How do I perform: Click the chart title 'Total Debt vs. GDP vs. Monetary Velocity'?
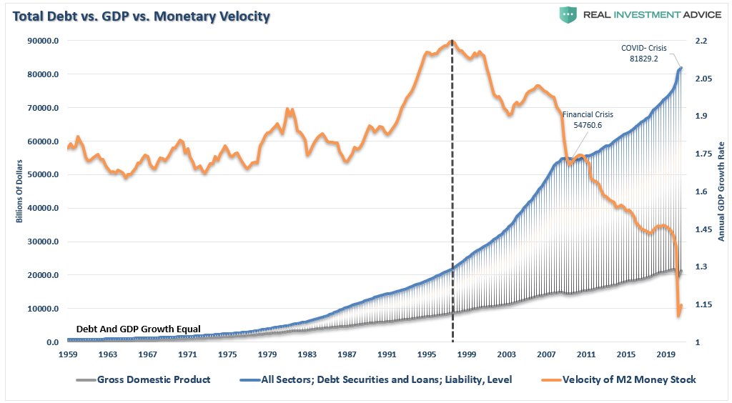click(x=140, y=16)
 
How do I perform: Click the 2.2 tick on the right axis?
click(x=701, y=41)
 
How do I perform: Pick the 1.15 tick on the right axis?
click(x=703, y=305)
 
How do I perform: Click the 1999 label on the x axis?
click(x=466, y=354)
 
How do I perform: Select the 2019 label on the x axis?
click(x=666, y=354)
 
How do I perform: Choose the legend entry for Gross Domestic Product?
click(x=142, y=379)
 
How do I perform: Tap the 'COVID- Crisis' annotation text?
click(x=643, y=48)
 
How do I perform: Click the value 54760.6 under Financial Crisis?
click(x=588, y=124)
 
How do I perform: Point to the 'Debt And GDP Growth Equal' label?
click(x=138, y=329)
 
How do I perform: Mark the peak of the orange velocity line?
click(x=452, y=41)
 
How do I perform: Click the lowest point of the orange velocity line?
click(x=678, y=315)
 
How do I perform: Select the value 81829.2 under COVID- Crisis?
click(x=643, y=58)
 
